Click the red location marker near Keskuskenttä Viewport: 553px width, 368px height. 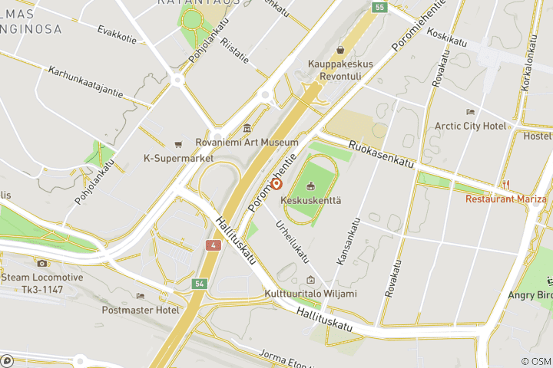(276, 185)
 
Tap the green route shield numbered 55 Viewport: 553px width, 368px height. (380, 7)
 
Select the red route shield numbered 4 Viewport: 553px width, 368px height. (212, 245)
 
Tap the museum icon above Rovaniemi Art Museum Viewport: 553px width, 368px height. (247, 128)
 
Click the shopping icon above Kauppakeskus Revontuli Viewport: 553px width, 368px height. (339, 49)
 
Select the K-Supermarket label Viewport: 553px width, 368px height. (178, 159)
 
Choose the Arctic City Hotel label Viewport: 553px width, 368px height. (470, 126)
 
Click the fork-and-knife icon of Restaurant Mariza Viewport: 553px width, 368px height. (505, 184)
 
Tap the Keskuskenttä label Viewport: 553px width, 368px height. (310, 200)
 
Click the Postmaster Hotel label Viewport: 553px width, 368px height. (141, 310)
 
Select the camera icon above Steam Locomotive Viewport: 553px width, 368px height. (41, 263)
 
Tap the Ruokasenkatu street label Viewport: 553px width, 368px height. (382, 154)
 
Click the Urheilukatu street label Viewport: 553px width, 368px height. (293, 243)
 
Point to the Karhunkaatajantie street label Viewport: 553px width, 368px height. (85, 82)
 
